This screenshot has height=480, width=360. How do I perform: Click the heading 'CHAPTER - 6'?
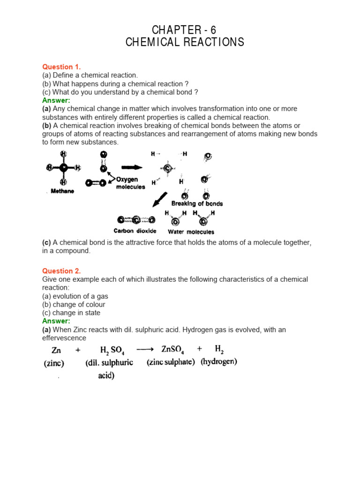click(x=185, y=30)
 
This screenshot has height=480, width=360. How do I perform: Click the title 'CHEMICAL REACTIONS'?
click(x=185, y=42)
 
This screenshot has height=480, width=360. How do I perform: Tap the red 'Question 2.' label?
click(x=61, y=271)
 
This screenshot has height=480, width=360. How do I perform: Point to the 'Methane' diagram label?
click(x=62, y=191)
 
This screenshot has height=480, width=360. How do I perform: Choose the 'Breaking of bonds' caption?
click(x=197, y=203)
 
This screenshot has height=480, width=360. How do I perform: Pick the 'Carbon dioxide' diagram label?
click(x=135, y=231)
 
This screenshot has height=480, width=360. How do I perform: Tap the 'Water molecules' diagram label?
click(x=191, y=232)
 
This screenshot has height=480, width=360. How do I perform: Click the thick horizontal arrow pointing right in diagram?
click(x=132, y=166)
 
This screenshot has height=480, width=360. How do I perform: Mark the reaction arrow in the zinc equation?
click(x=145, y=349)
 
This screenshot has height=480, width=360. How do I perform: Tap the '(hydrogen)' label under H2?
click(x=219, y=361)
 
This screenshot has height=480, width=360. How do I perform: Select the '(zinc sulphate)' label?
click(x=171, y=362)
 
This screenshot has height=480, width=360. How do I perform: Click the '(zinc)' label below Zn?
click(x=54, y=363)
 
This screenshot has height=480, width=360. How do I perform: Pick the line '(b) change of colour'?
click(x=74, y=304)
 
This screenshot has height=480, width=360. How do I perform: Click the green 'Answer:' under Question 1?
click(x=56, y=100)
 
